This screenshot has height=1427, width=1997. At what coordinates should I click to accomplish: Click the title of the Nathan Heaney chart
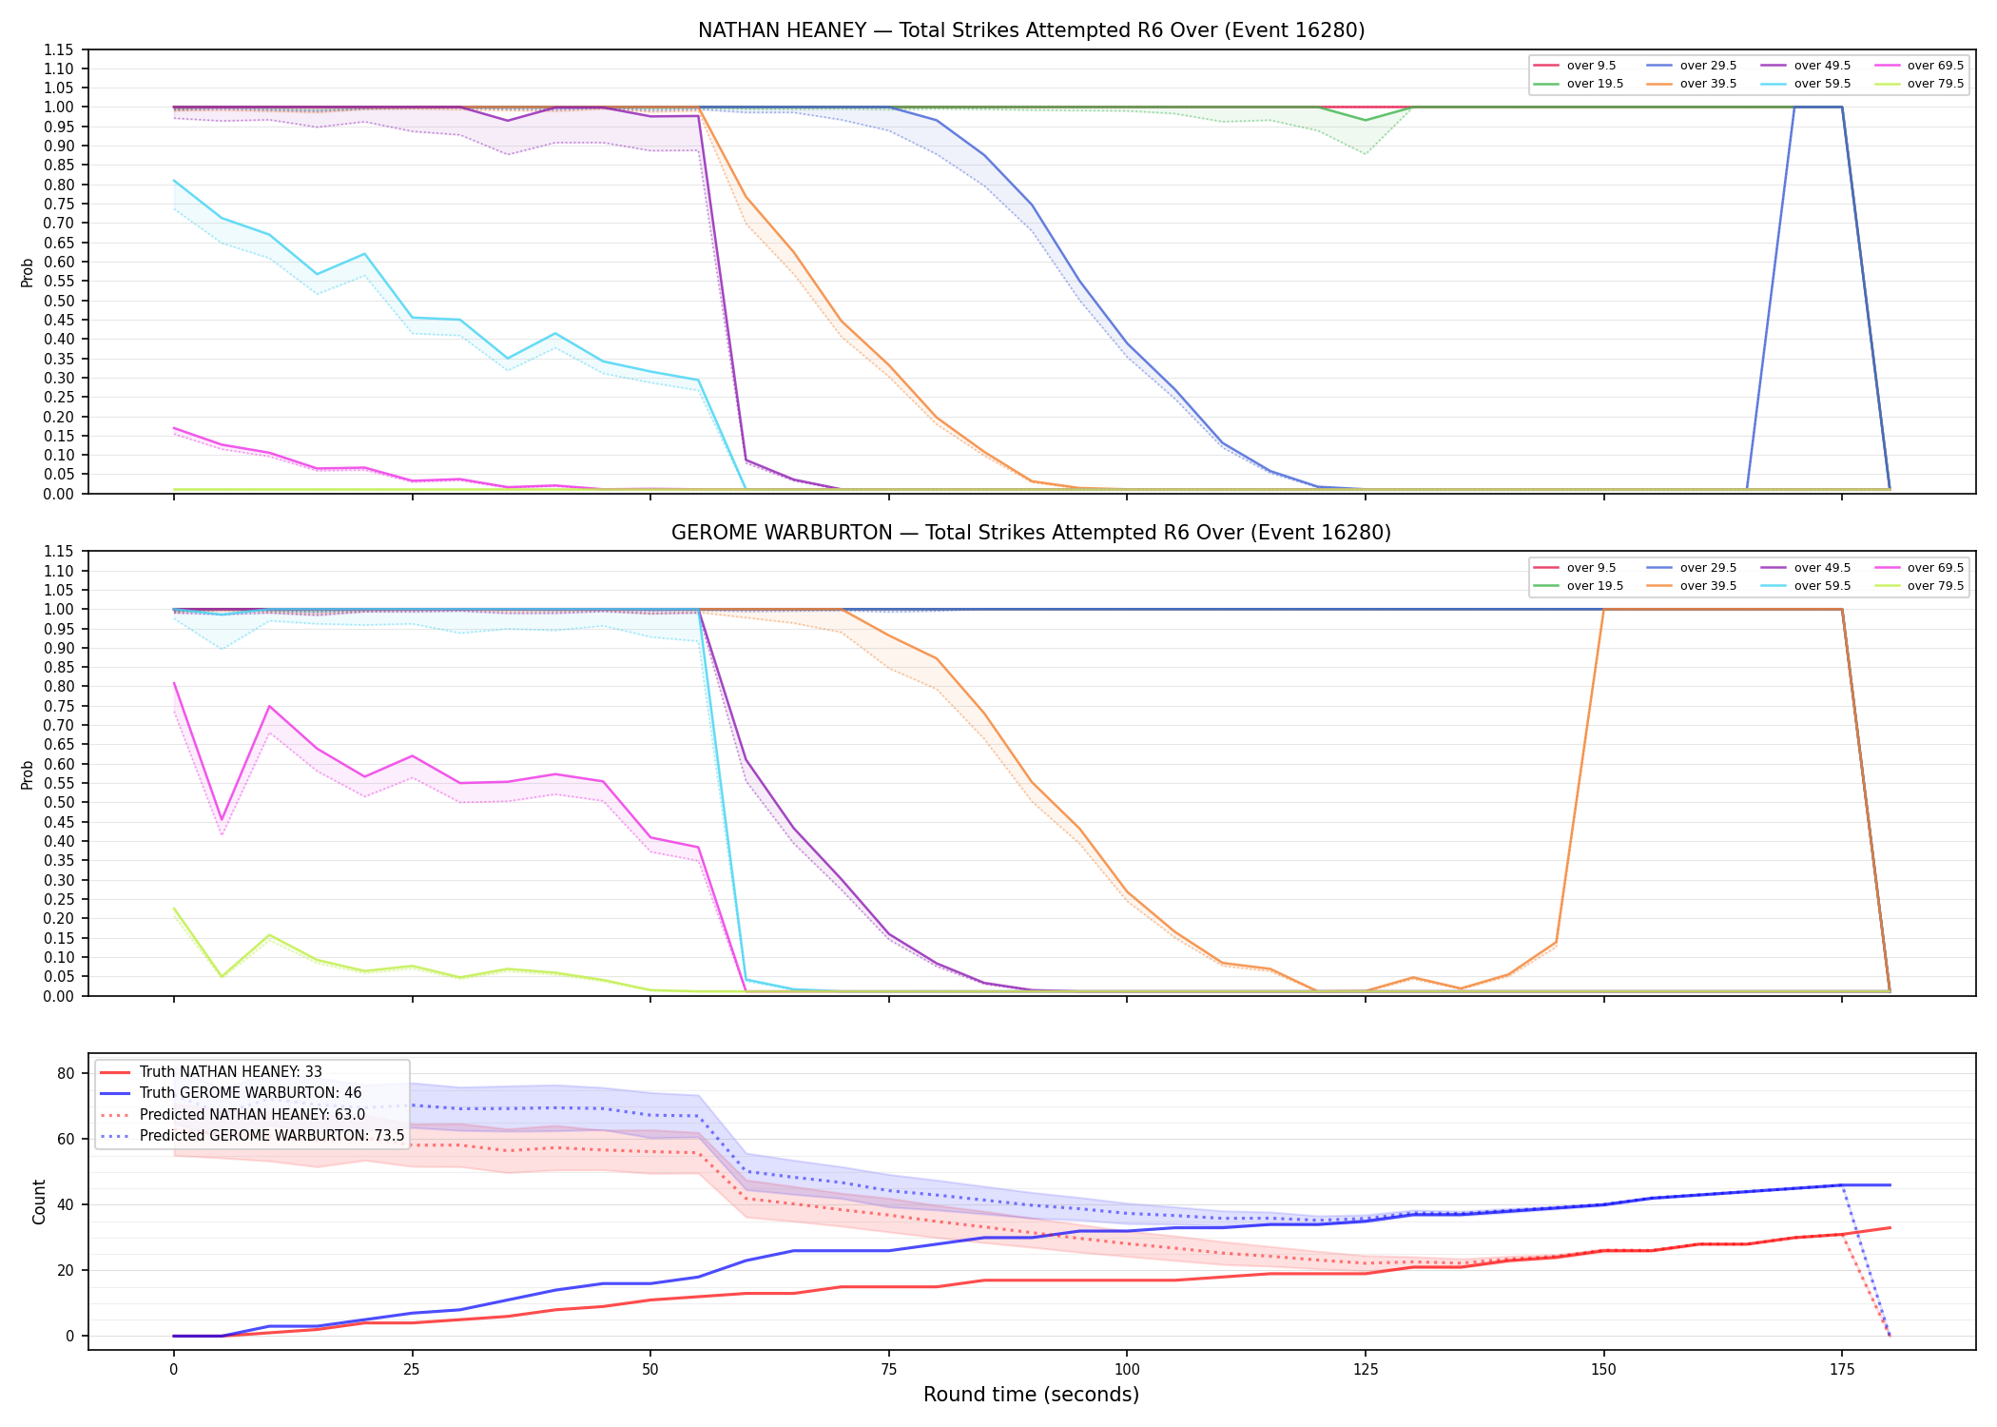[1031, 30]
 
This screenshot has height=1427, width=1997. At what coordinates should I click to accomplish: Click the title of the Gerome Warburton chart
[1031, 533]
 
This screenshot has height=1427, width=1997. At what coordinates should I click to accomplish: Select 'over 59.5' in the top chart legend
[1822, 84]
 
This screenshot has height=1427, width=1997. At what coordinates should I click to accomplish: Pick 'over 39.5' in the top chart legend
[1708, 84]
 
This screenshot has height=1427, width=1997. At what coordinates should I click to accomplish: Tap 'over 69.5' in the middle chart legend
[1935, 568]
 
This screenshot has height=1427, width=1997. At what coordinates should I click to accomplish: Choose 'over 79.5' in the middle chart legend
[1935, 586]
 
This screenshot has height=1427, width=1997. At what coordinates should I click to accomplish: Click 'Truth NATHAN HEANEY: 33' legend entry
[231, 1072]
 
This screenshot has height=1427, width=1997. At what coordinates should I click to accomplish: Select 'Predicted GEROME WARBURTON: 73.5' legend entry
[272, 1136]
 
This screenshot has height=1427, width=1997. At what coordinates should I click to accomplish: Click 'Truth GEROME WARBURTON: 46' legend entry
[251, 1093]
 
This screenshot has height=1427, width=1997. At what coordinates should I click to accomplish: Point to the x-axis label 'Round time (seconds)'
[1031, 1395]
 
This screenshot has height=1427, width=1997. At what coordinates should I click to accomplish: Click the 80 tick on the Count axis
[66, 1073]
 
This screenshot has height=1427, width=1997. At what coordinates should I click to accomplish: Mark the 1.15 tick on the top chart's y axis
[59, 49]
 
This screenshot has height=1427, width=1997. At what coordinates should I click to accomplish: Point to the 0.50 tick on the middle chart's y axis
[59, 803]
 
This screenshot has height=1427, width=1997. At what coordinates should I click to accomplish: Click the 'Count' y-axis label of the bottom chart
[39, 1202]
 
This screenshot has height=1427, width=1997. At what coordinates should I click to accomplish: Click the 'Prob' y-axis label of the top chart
[28, 273]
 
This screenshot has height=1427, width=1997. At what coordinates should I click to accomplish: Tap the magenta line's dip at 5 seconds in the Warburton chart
[222, 820]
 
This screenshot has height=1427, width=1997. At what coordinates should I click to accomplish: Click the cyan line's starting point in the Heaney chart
[174, 181]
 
